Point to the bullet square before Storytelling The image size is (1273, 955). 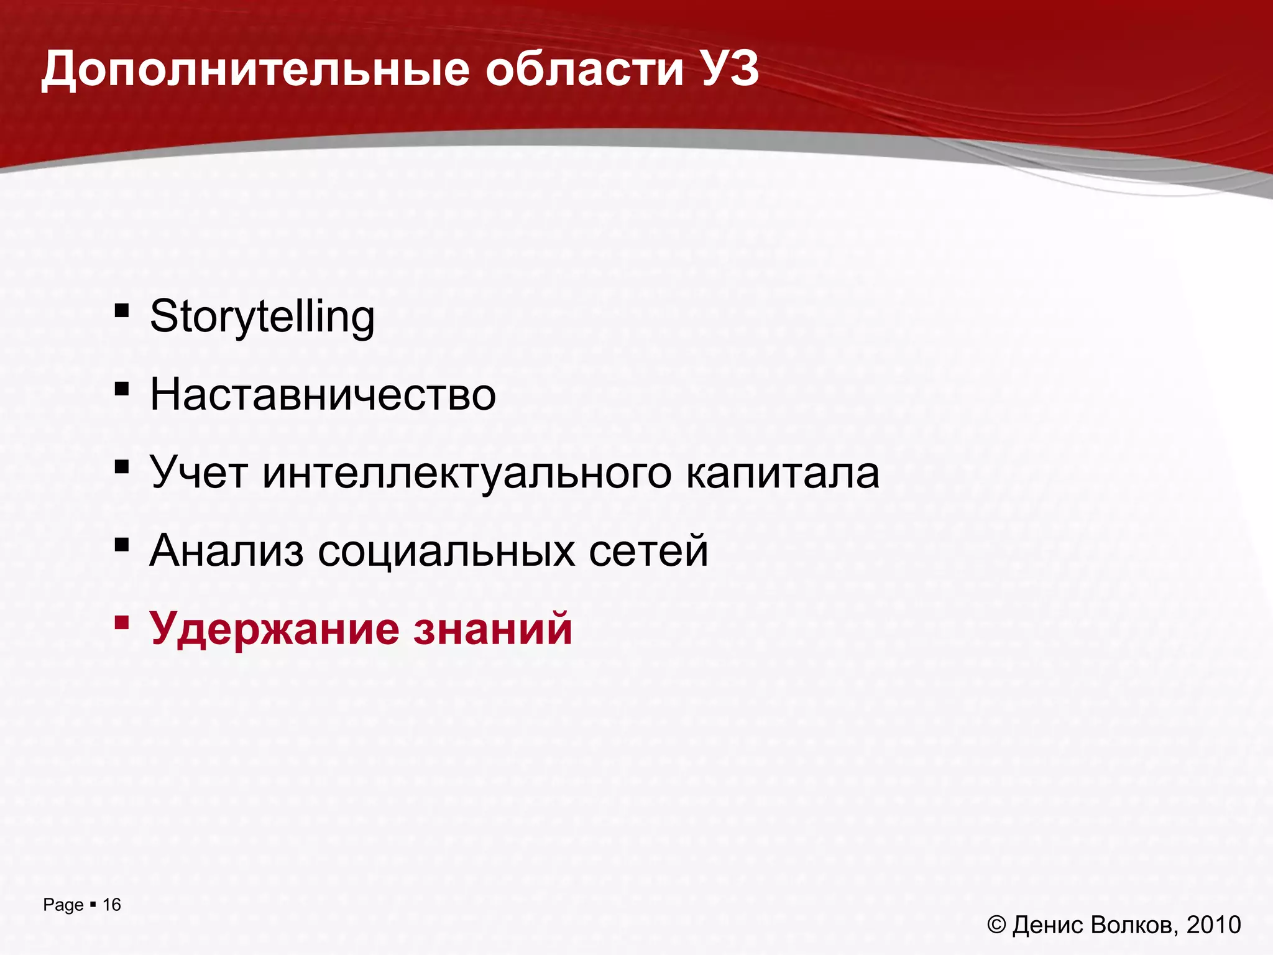(x=121, y=310)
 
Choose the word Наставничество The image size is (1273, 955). (x=323, y=395)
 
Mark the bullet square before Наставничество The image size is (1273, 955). (x=121, y=389)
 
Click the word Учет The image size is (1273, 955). (x=199, y=473)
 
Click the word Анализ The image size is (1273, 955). (x=227, y=551)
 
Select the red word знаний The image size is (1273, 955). (x=492, y=629)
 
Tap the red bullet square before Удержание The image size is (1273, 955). (x=121, y=622)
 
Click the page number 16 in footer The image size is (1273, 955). (x=112, y=905)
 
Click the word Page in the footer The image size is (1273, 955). (x=63, y=905)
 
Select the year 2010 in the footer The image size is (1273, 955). (x=1213, y=925)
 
